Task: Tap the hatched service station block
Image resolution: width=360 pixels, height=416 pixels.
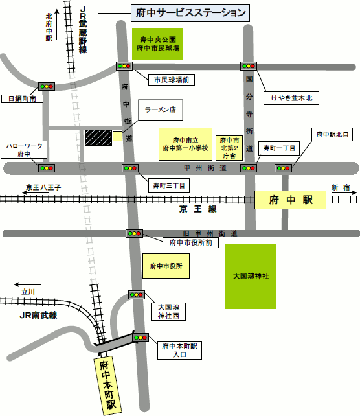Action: pos(97,137)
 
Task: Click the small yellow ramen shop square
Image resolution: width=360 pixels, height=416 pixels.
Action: pos(117,136)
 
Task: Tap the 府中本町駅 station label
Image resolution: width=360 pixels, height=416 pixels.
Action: pos(107,384)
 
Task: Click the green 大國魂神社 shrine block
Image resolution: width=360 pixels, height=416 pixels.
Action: pos(251,276)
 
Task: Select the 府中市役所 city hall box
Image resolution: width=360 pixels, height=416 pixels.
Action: pos(166,266)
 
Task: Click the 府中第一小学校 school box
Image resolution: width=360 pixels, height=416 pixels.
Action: pos(185,144)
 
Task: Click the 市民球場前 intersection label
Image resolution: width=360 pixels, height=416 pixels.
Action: pos(171,80)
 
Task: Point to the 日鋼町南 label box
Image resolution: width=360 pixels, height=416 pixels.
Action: pos(22,98)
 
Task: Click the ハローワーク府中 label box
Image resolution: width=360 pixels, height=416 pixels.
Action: pos(23,150)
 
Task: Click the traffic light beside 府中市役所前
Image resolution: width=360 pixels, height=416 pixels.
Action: pos(134,233)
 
